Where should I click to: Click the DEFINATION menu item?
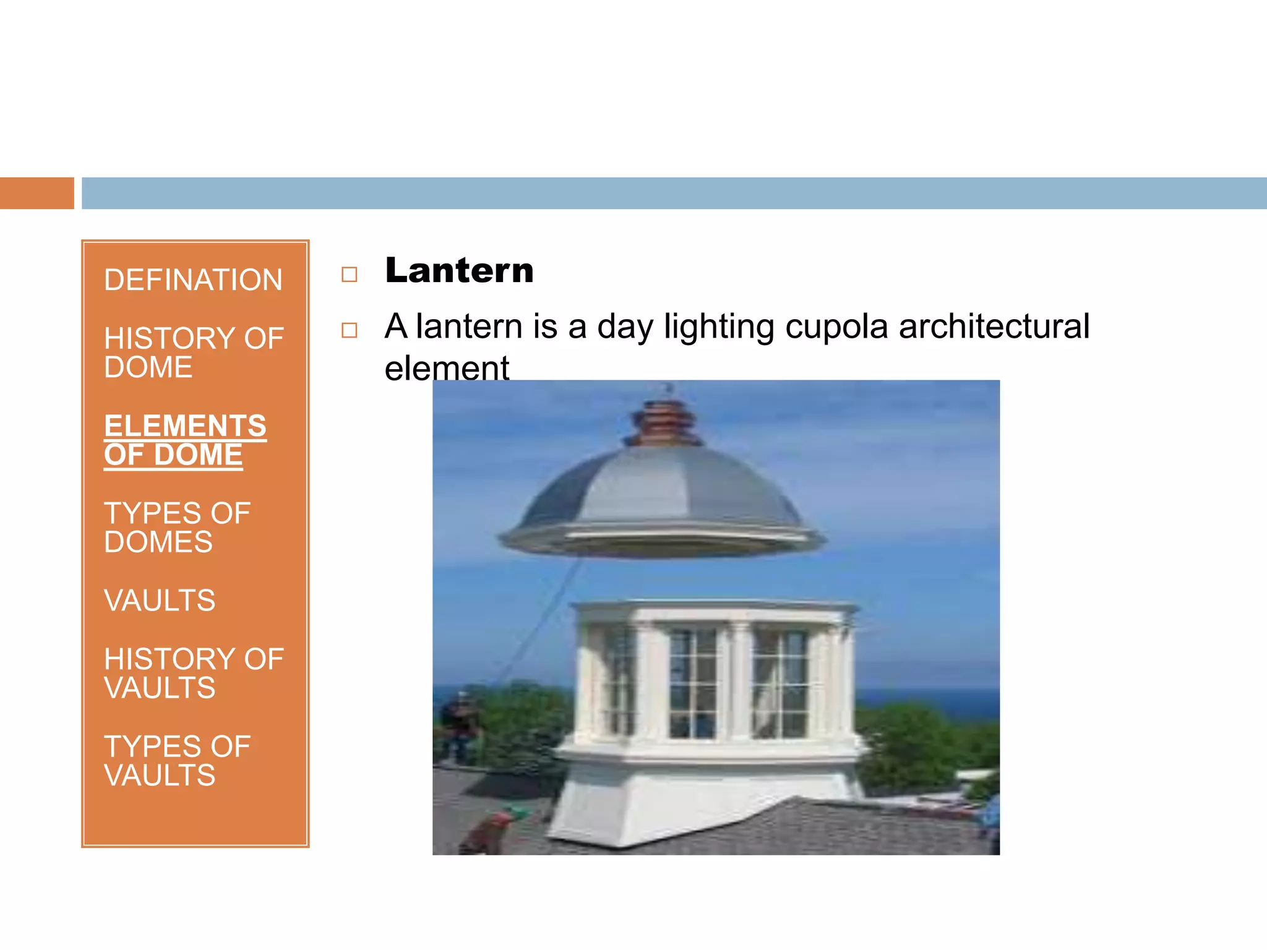(193, 280)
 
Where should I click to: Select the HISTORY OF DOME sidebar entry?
(193, 353)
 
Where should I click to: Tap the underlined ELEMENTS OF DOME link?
(185, 440)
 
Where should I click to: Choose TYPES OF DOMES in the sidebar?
(177, 528)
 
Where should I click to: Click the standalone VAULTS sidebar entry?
(160, 601)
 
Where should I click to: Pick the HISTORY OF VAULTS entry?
(193, 674)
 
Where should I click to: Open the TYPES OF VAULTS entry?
(177, 761)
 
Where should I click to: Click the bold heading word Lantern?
(459, 271)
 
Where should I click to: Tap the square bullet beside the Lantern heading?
(350, 274)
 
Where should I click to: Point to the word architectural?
(994, 327)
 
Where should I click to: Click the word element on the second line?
(447, 369)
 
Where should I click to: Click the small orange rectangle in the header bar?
(37, 193)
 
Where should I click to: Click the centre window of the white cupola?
(693, 683)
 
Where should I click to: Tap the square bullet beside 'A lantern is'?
(350, 330)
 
